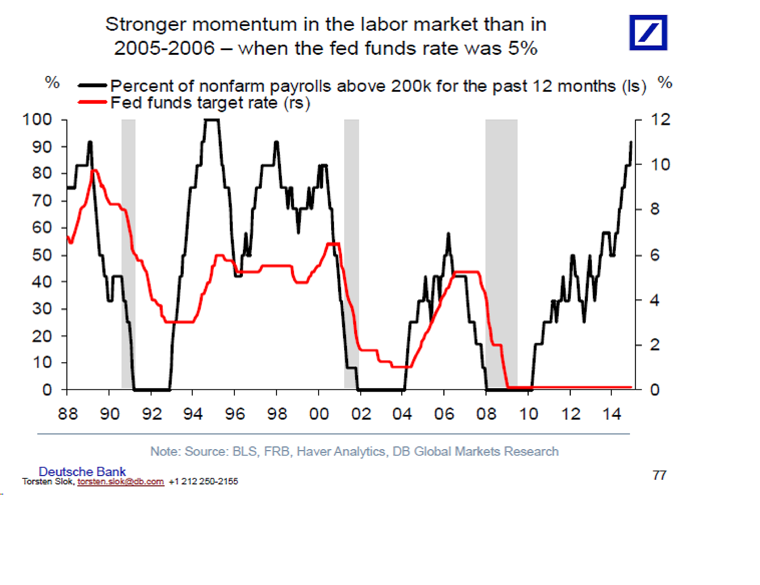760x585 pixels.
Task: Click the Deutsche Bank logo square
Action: coord(648,33)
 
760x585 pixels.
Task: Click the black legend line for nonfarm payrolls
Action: coord(92,85)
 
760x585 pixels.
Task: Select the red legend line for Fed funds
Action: coord(92,102)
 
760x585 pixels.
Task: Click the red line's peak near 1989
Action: coord(94,171)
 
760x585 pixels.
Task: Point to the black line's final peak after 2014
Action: coord(631,143)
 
